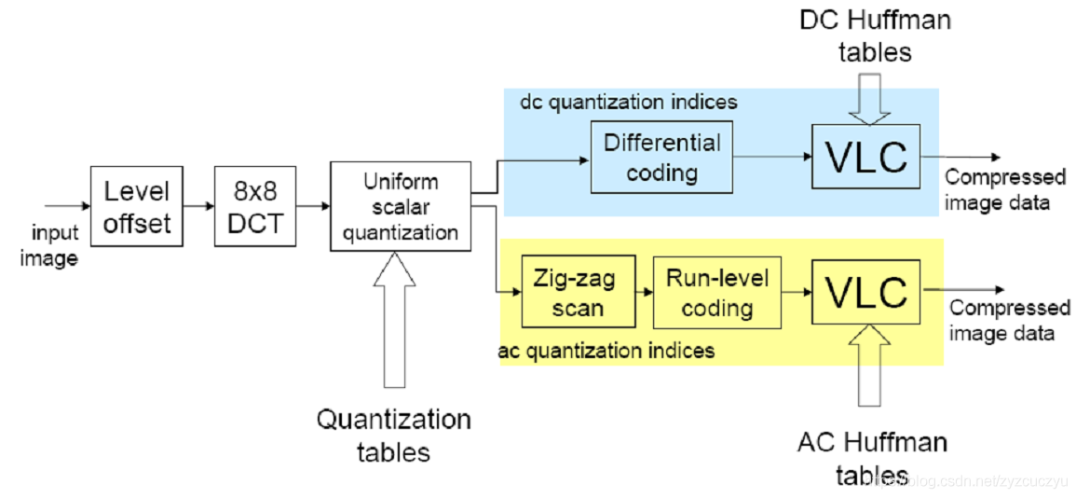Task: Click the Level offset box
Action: pyautogui.click(x=137, y=206)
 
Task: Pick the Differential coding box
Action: pyautogui.click(x=661, y=156)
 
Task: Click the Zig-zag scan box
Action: pyautogui.click(x=579, y=291)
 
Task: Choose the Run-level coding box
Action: pyautogui.click(x=717, y=291)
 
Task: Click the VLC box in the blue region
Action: pyautogui.click(x=865, y=157)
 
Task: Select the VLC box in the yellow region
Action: pyautogui.click(x=865, y=291)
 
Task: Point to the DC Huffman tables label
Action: pyautogui.click(x=875, y=35)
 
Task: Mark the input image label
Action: pyautogui.click(x=53, y=245)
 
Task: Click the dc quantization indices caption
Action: pyautogui.click(x=629, y=103)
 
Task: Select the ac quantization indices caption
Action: pyautogui.click(x=606, y=351)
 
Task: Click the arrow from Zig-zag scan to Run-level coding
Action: pyautogui.click(x=645, y=291)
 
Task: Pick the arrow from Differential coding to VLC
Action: pyautogui.click(x=772, y=157)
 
